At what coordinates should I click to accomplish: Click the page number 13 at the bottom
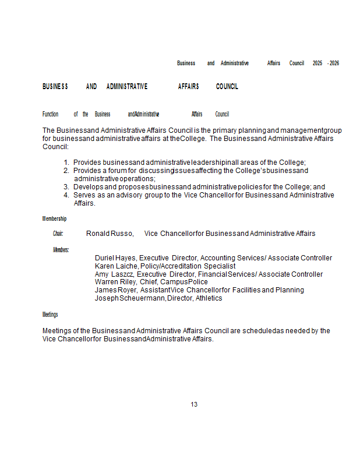pyautogui.click(x=194, y=404)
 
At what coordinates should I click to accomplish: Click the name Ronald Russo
pyautogui.click(x=110, y=234)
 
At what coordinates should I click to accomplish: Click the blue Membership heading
pyautogui.click(x=54, y=219)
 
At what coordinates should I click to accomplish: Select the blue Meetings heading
pyautogui.click(x=50, y=315)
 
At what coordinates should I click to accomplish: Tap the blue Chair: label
pyautogui.click(x=58, y=234)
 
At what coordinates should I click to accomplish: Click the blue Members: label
pyautogui.click(x=61, y=250)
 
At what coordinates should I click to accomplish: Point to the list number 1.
pyautogui.click(x=66, y=163)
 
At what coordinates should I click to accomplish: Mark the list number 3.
pyautogui.click(x=66, y=187)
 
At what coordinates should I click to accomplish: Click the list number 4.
pyautogui.click(x=66, y=195)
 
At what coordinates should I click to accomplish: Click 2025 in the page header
pyautogui.click(x=317, y=63)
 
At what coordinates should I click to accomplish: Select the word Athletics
pyautogui.click(x=209, y=298)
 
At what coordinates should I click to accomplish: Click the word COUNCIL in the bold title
pyautogui.click(x=227, y=87)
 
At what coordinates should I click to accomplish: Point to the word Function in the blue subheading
pyautogui.click(x=51, y=114)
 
